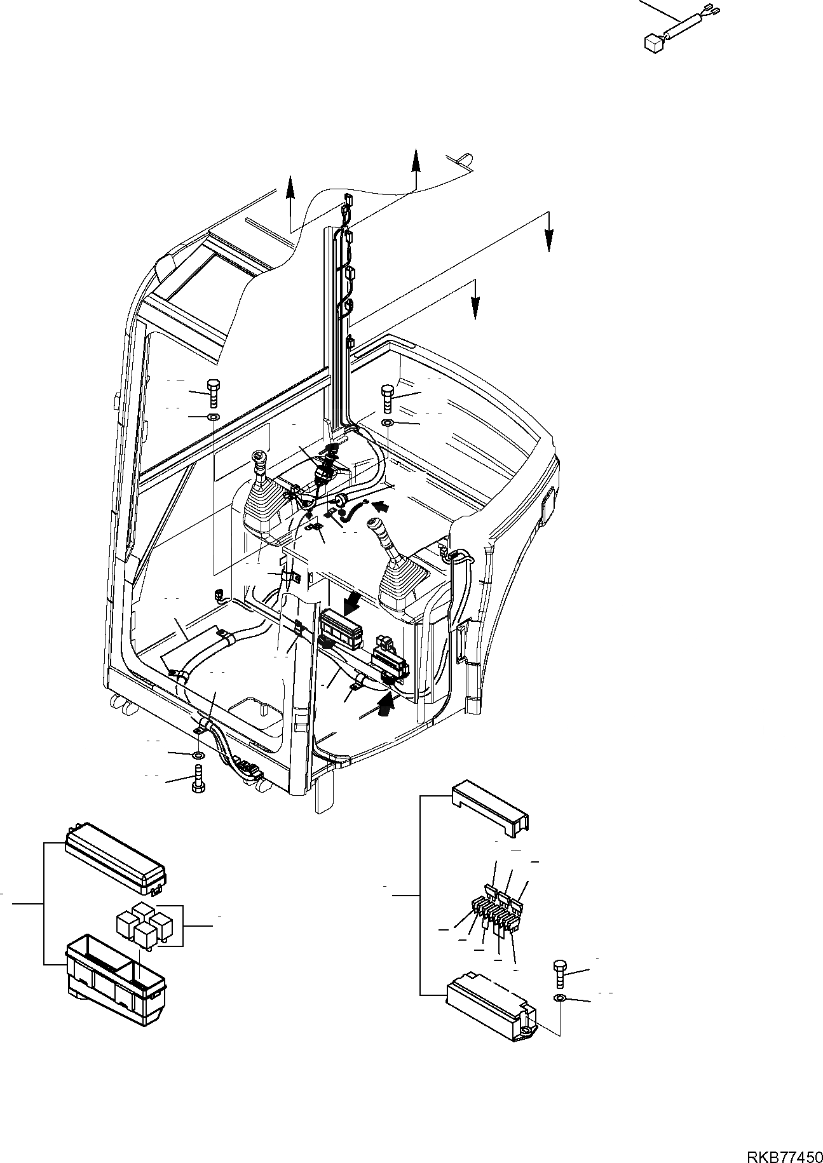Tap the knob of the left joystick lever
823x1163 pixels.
[x=259, y=457]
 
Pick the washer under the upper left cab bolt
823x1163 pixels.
[x=213, y=417]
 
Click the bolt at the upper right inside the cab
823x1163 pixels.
[x=388, y=398]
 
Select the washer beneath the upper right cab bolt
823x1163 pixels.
[x=388, y=423]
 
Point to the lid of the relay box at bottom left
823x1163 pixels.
[x=114, y=854]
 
